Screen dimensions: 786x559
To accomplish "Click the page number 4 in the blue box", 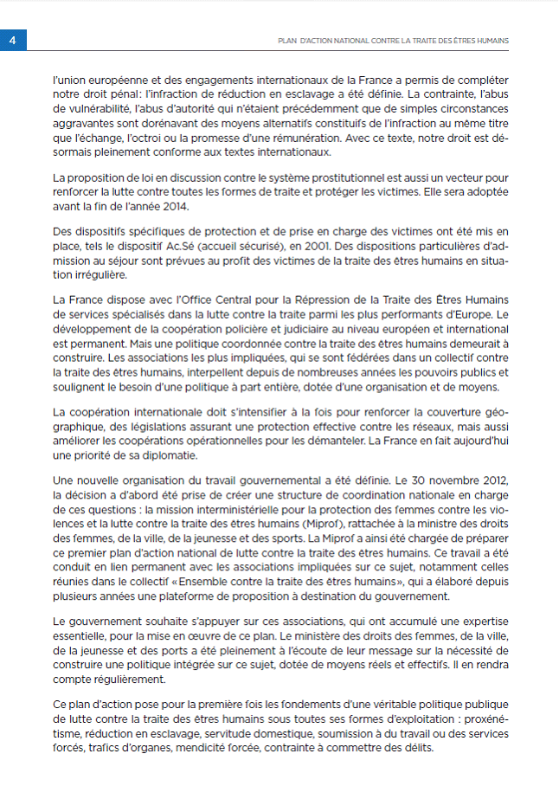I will click(13, 41).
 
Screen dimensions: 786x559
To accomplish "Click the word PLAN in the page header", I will click(287, 41).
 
